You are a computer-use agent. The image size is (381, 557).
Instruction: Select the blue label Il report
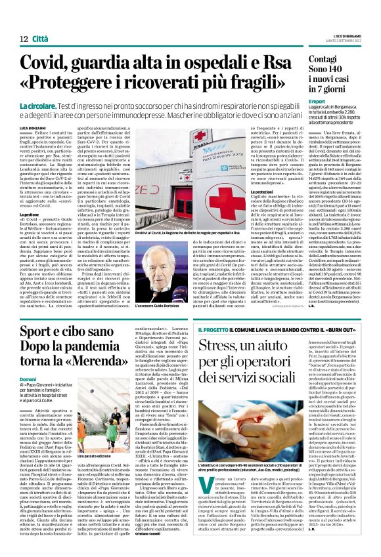[317, 102]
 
